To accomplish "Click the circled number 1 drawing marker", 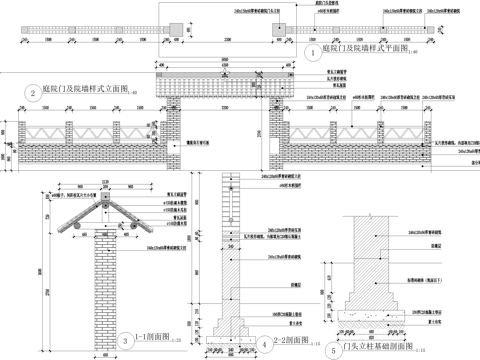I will [x=313, y=50].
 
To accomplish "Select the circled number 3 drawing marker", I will [x=123, y=341].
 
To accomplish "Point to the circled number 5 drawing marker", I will [x=332, y=350].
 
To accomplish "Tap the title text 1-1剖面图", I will [x=153, y=340].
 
